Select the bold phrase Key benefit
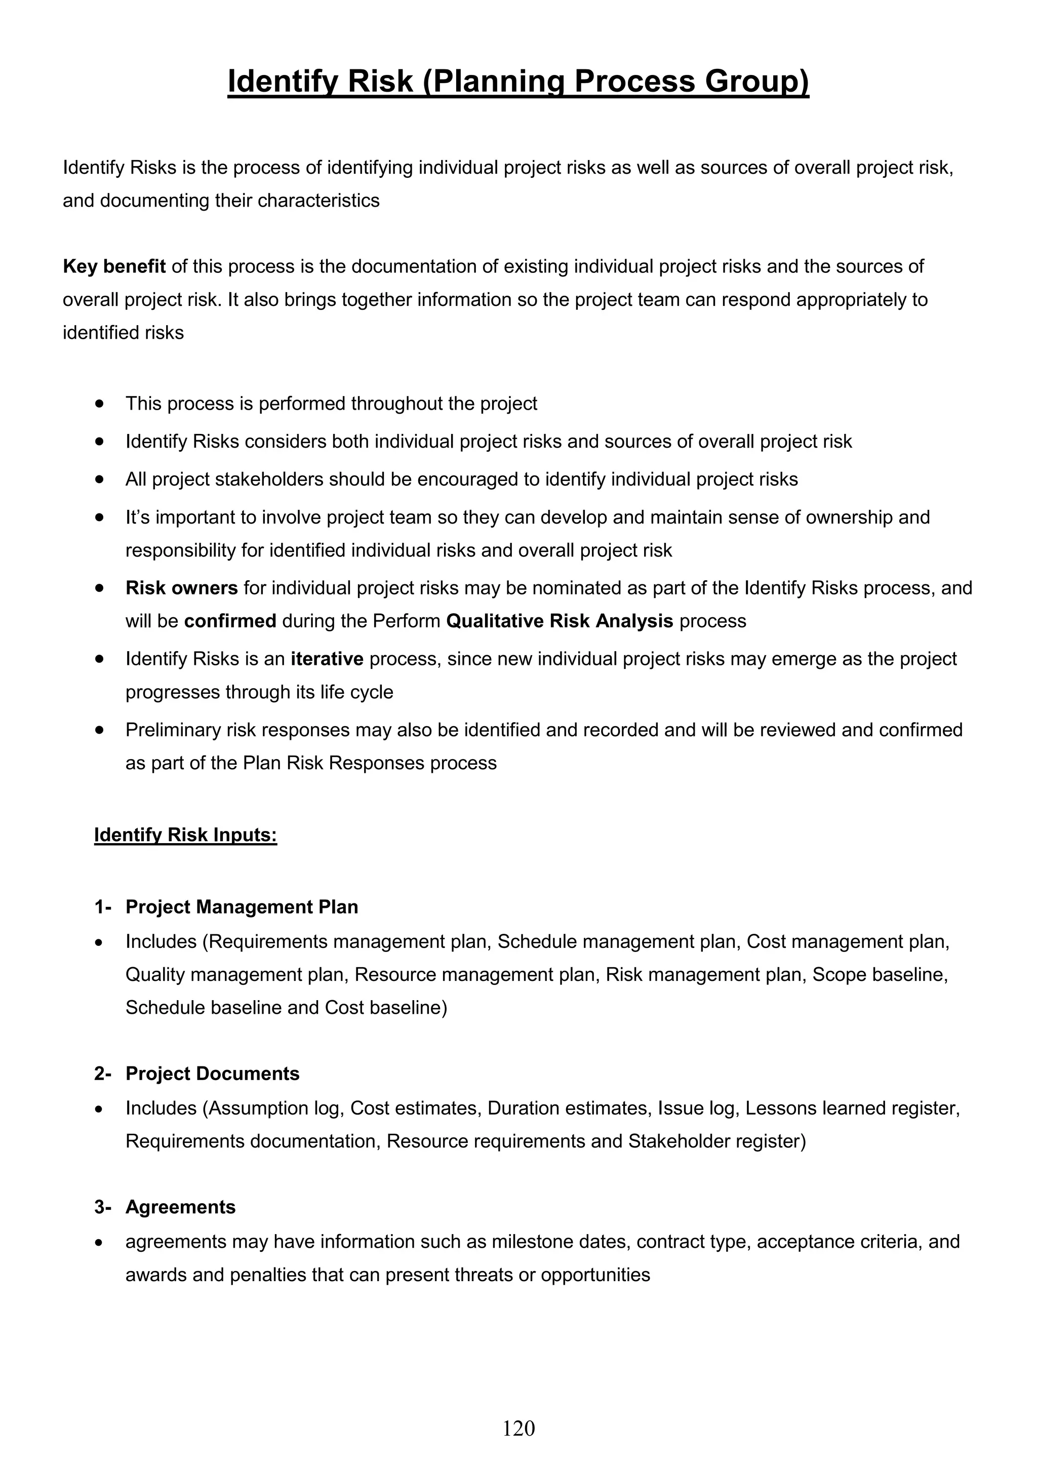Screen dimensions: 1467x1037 point(114,266)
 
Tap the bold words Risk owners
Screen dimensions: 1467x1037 point(181,588)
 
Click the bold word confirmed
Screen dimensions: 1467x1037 point(230,621)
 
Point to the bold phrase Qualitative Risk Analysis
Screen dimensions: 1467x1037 point(559,621)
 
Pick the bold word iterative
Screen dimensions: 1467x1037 point(327,659)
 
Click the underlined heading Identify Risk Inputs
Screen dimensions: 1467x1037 point(185,835)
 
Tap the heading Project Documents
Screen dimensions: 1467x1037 point(212,1074)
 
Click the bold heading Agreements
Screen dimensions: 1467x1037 point(180,1207)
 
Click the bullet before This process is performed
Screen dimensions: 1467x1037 point(99,404)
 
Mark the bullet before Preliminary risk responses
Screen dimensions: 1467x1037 point(99,730)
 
